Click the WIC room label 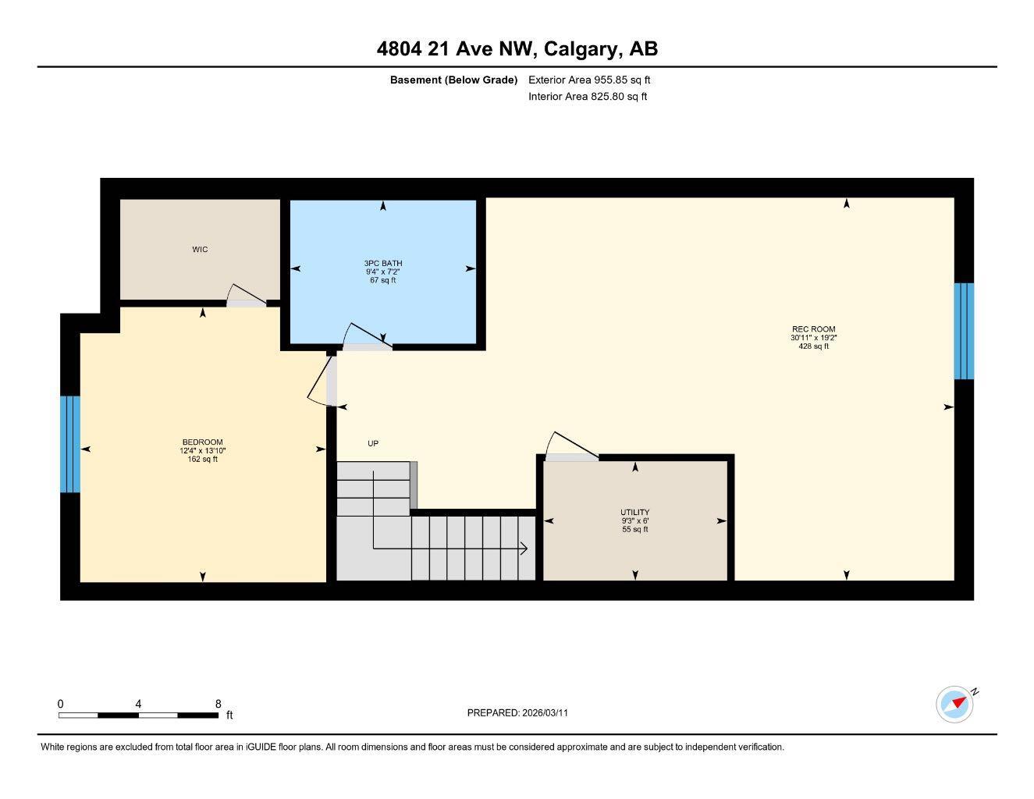coord(200,250)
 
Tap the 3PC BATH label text coord(382,264)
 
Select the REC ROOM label coord(813,329)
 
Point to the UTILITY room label coord(634,513)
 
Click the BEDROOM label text coord(202,442)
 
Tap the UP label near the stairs coord(373,444)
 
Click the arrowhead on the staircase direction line coord(524,549)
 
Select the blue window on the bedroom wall coord(70,444)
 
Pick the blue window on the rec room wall coord(964,331)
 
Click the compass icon coord(955,704)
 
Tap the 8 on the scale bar coord(219,704)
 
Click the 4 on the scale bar coord(138,704)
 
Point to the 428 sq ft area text coord(813,346)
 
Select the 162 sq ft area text coord(202,460)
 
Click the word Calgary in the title coord(578,49)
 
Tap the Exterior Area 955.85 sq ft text coord(589,80)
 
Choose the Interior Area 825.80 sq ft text coord(588,97)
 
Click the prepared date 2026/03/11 coord(545,712)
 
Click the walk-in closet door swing coord(244,294)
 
